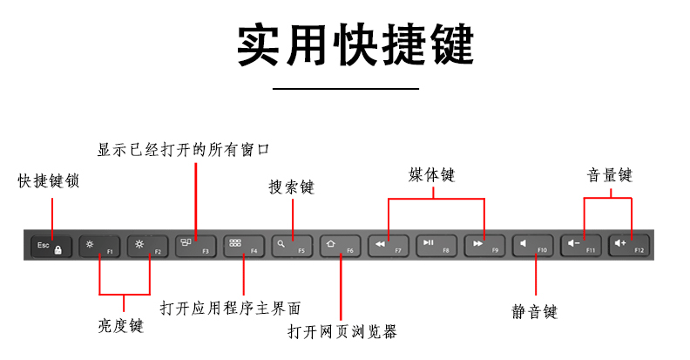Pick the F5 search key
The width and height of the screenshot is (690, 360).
coord(291,246)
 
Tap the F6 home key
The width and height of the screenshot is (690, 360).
coord(339,246)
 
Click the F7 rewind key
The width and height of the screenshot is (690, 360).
coord(388,246)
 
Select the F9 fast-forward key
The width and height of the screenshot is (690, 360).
coord(484,246)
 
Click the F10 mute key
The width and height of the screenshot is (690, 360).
coord(532,246)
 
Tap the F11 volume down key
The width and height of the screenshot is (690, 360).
coord(581,246)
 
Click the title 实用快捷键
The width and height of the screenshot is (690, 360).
coord(345,44)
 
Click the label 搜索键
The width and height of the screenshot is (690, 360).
coord(291,187)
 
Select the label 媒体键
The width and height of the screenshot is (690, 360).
coord(432,174)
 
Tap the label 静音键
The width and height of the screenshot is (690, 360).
coord(534,310)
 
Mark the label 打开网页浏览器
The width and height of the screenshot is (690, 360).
coord(342,331)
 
